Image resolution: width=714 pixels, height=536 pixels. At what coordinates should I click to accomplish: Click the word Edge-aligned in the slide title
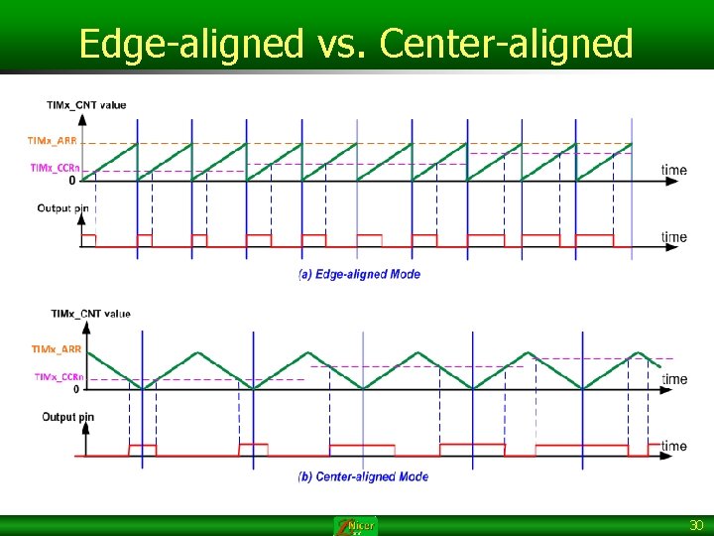point(190,44)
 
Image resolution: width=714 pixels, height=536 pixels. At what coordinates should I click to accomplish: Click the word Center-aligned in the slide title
point(506,44)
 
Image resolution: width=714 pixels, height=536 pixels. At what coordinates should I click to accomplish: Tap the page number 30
point(696,525)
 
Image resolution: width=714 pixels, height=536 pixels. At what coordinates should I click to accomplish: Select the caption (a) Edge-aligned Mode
point(359,274)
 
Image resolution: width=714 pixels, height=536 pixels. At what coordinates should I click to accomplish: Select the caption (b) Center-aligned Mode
point(363,476)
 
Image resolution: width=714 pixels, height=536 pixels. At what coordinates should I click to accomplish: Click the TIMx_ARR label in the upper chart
point(52,141)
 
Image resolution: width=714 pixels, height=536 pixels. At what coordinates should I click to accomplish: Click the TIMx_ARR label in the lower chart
point(57,349)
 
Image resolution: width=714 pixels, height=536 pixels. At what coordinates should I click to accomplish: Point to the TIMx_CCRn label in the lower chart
point(59,376)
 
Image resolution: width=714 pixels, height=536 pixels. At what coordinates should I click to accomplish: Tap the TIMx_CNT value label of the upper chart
point(86,105)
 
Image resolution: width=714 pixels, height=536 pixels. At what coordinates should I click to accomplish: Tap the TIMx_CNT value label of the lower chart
point(90,314)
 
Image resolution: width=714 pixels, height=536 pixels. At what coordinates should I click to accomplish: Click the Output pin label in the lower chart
point(67,417)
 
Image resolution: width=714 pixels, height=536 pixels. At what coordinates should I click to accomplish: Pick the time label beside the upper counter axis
point(674,171)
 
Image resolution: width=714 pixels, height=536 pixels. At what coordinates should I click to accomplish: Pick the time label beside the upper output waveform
point(674,237)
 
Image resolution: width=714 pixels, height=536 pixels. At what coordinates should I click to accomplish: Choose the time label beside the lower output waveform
point(674,446)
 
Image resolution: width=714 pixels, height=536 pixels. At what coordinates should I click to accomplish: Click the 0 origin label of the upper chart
point(72,181)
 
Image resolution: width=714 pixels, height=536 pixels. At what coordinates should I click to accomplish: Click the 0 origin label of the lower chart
point(76,388)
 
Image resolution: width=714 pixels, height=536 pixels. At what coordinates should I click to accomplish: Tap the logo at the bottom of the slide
point(355,526)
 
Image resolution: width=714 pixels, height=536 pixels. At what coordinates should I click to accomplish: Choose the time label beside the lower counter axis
point(674,379)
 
